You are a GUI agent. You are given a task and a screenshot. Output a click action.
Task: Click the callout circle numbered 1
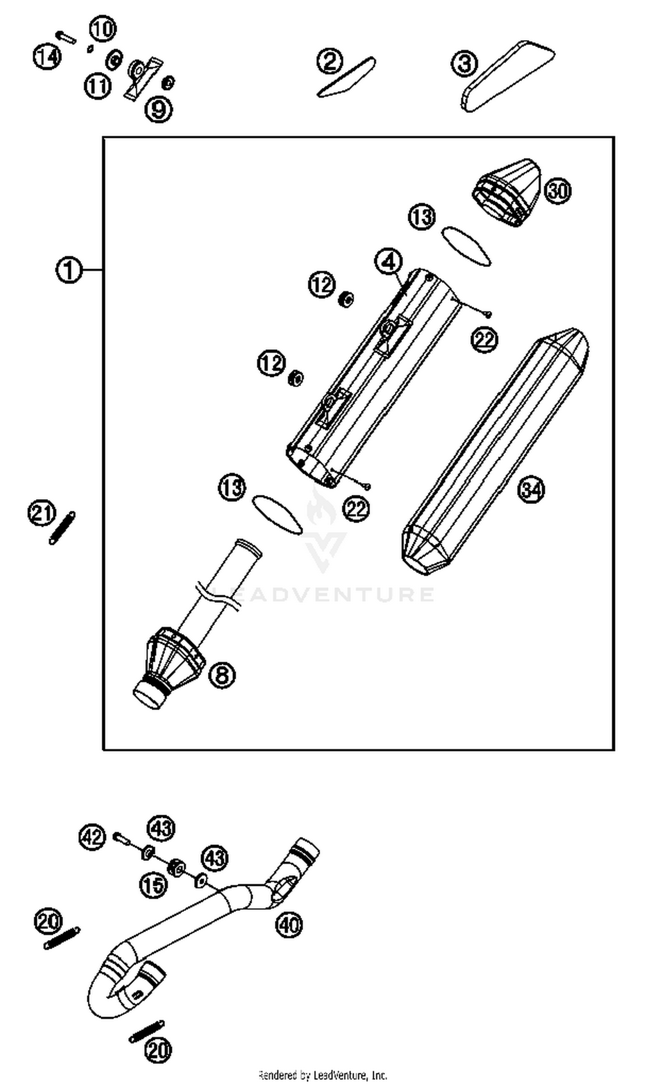coord(69,270)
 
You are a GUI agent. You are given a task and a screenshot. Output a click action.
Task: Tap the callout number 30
coord(558,191)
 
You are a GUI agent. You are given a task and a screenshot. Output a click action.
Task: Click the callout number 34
coord(531,490)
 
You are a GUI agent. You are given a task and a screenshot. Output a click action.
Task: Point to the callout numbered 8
coord(222,675)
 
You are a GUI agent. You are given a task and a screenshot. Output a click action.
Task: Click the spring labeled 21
coord(62,528)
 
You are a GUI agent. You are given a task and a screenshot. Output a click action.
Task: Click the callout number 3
coord(465,64)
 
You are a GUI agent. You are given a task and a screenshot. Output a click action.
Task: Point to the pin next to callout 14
coord(66,37)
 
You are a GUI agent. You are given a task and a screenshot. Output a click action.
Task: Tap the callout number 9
coord(158,109)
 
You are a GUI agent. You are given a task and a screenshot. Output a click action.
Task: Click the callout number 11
coord(97,86)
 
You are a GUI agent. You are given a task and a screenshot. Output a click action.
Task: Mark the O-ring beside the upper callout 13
coord(466,246)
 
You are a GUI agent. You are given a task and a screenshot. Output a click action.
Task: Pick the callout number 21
coord(42,513)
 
